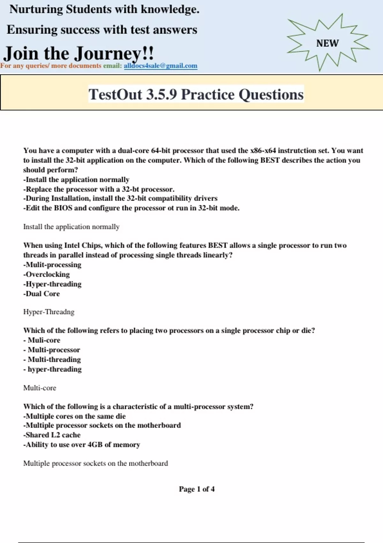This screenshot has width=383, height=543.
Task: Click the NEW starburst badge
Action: click(327, 43)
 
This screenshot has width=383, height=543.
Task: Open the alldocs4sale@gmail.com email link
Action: click(160, 66)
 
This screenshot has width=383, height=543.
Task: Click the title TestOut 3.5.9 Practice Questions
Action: click(196, 94)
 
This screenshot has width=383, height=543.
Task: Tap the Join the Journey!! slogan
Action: click(79, 53)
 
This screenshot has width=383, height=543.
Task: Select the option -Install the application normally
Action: click(76, 180)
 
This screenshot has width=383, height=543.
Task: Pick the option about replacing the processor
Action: click(99, 189)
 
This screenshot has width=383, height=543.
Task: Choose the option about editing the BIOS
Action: click(131, 208)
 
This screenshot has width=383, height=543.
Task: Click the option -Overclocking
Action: click(47, 274)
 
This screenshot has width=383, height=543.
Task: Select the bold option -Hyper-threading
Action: click(52, 284)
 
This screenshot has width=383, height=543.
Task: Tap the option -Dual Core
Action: click(41, 294)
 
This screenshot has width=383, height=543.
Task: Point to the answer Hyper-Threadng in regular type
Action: click(49, 312)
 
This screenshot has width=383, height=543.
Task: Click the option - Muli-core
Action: click(42, 340)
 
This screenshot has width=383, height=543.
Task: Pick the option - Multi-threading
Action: click(52, 359)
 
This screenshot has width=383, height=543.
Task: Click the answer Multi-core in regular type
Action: click(40, 388)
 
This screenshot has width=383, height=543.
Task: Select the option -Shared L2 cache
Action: click(52, 435)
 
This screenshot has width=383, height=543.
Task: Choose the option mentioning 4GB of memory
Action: click(82, 445)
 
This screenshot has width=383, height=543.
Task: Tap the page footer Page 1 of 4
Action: click(197, 489)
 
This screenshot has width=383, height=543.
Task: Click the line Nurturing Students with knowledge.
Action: click(104, 9)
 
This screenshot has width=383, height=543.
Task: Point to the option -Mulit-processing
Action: click(52, 265)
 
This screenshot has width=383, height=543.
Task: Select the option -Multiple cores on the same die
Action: click(74, 416)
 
